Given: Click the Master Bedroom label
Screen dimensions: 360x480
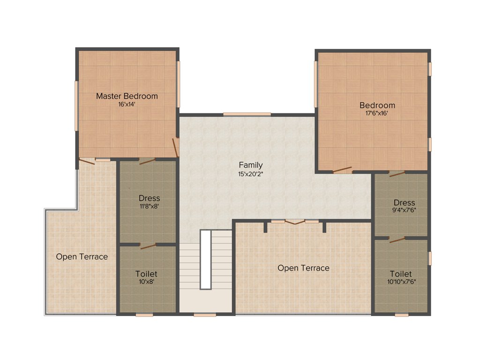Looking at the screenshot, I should point(127,96).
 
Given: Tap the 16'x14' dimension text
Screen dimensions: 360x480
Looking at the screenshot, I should point(127,105).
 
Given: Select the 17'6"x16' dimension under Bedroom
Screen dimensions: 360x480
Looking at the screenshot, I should point(377,113).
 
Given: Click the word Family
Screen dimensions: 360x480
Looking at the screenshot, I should point(250,165).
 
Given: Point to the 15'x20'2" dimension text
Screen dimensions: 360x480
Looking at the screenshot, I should point(250,173).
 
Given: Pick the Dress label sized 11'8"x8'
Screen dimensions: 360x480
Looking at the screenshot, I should point(149,198).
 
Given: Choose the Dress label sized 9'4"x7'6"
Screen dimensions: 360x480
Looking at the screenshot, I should point(404,202).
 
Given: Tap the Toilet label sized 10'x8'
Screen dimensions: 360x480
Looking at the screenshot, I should point(146,273).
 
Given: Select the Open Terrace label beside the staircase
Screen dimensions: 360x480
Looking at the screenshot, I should point(303,268).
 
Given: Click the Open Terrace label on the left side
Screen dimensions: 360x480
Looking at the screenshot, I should point(82,256).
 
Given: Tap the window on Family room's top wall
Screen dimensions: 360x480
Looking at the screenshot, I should point(247,114).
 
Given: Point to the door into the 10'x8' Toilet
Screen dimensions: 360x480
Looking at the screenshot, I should point(148,246).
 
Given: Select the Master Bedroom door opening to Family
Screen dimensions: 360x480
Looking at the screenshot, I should point(175,147).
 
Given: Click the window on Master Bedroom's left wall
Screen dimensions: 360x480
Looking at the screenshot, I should point(76,106).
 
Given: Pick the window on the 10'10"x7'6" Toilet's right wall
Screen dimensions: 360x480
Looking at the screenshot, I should point(429,258).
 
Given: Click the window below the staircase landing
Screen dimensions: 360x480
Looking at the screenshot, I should point(202,315).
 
